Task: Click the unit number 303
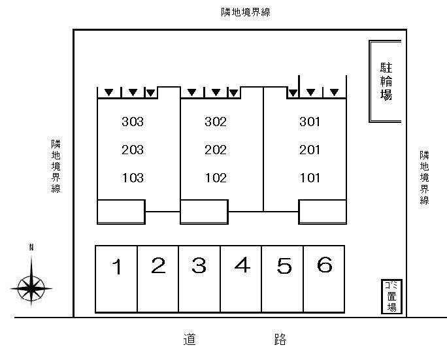(x=133, y=122)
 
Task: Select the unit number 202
(x=216, y=150)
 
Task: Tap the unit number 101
(x=310, y=178)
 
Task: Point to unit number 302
(x=216, y=122)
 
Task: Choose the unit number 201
(x=310, y=150)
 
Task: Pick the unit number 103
(x=133, y=178)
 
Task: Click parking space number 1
(x=117, y=267)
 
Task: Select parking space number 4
(x=242, y=265)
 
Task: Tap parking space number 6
(x=325, y=265)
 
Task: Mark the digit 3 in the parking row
(x=199, y=265)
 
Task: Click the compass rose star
(x=31, y=288)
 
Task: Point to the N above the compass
(x=31, y=248)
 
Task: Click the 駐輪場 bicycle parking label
(x=386, y=82)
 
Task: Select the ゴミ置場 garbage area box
(x=391, y=297)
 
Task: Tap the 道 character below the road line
(x=190, y=339)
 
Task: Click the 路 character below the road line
(x=280, y=339)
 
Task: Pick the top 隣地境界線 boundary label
(x=246, y=12)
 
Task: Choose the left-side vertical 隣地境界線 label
(x=56, y=166)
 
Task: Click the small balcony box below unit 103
(x=121, y=212)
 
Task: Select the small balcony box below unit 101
(x=322, y=212)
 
